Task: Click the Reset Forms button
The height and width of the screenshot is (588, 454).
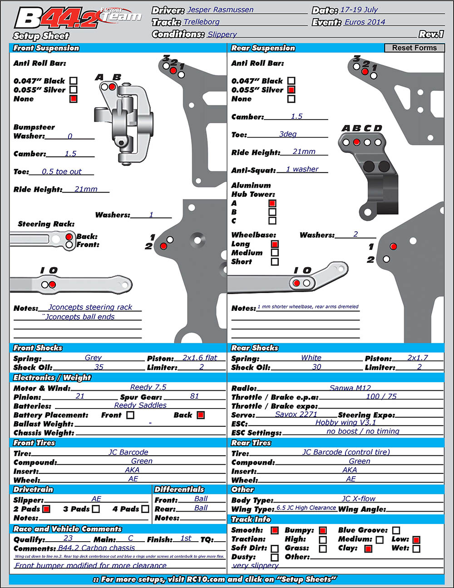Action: click(414, 48)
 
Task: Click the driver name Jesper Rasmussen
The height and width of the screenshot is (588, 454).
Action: click(220, 10)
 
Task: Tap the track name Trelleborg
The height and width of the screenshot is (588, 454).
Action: click(202, 22)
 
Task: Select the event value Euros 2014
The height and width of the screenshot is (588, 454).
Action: click(365, 22)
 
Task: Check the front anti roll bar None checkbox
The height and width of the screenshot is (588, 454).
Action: click(74, 99)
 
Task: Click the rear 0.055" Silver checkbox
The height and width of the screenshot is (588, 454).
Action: click(291, 90)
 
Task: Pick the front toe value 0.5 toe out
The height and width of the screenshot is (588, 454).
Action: click(62, 172)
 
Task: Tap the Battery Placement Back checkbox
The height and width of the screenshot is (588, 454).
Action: click(201, 415)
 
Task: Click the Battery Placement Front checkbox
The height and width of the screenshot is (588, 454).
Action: click(130, 415)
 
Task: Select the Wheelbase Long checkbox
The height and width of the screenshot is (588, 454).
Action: click(275, 244)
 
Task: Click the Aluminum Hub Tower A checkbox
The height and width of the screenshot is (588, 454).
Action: click(272, 203)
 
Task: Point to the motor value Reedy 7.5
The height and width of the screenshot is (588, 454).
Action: click(148, 387)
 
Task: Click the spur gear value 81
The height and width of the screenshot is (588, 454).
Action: click(194, 396)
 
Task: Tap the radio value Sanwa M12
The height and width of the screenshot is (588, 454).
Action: click(350, 388)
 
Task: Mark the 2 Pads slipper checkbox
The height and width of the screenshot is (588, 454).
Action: click(46, 509)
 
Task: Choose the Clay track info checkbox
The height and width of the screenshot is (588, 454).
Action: click(368, 548)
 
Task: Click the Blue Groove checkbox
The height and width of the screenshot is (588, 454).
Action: click(396, 530)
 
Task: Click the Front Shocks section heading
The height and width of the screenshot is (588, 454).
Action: click(38, 348)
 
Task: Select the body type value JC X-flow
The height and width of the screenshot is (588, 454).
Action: click(358, 498)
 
